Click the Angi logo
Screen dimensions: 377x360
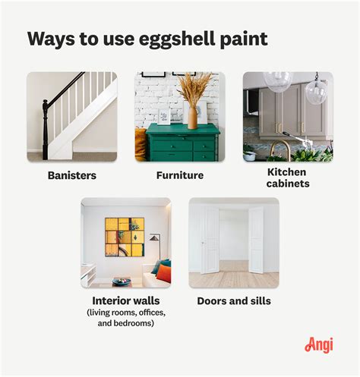click(x=319, y=344)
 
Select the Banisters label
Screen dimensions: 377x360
click(x=71, y=175)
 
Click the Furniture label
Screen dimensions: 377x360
click(x=180, y=175)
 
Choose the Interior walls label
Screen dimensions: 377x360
click(x=126, y=300)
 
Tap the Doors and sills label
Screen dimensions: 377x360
click(x=233, y=300)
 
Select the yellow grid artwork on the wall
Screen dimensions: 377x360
click(x=125, y=237)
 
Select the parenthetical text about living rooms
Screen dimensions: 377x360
click(x=126, y=319)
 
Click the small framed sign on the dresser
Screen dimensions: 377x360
click(x=164, y=118)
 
